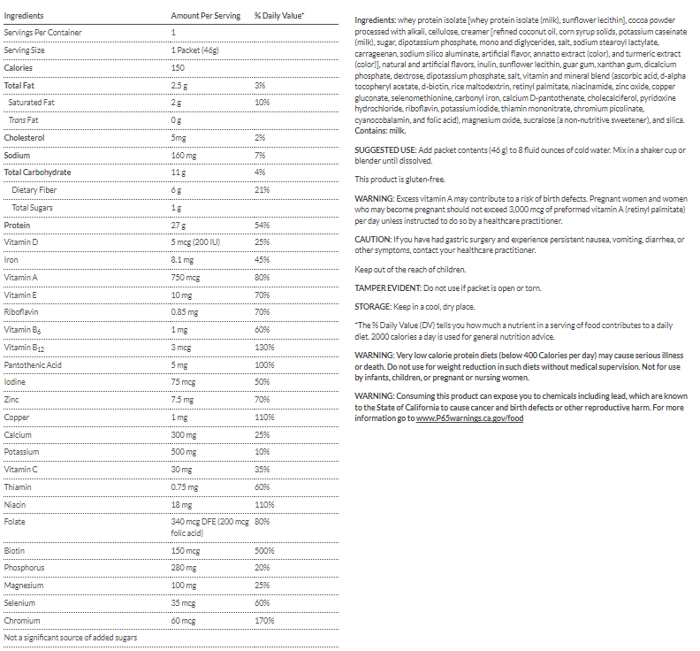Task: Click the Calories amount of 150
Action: coord(178,67)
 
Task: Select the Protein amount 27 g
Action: coord(179,225)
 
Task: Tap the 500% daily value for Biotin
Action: coord(262,550)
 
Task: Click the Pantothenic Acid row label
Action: coord(33,364)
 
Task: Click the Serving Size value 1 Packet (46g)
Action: coord(197,50)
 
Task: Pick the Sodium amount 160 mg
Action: coord(183,155)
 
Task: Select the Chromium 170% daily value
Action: coord(262,620)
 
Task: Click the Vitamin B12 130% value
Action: coord(262,347)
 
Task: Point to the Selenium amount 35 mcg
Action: coord(184,602)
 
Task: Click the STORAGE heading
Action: coord(374,306)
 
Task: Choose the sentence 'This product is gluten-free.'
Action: coord(399,179)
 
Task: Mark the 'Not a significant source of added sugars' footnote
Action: coord(72,637)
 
